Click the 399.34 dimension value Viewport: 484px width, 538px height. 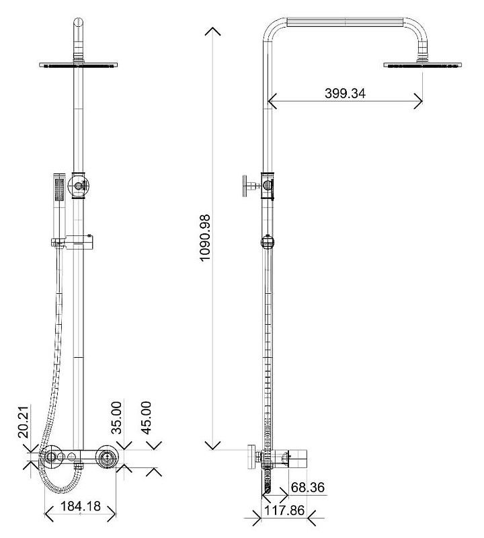345,93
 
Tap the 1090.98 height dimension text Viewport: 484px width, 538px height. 205,238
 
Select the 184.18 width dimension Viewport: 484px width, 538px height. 81,506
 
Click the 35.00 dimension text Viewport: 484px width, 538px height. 116,418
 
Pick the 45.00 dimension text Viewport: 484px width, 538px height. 147,418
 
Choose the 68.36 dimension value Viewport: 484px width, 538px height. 308,487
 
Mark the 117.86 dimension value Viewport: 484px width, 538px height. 284,510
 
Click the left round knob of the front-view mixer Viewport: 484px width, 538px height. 51,457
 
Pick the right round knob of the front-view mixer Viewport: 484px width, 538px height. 107,457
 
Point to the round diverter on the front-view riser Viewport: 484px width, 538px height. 79,186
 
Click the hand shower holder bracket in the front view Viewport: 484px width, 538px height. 73,241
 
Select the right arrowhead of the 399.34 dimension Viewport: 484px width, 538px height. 418,101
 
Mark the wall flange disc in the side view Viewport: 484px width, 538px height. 252,457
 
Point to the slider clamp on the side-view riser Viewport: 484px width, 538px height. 268,241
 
